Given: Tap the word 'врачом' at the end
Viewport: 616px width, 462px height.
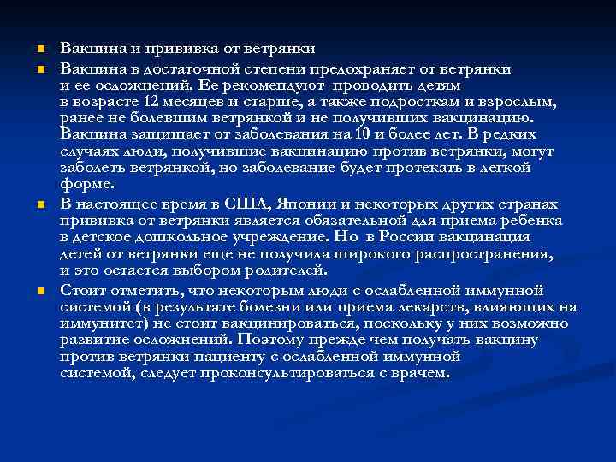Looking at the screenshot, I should [x=423, y=373].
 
